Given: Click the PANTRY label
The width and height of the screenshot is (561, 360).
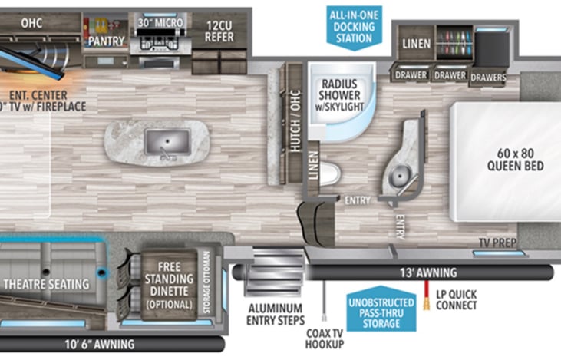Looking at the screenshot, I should click(107, 39).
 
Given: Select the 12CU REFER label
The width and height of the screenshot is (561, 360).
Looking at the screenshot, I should click(219, 30).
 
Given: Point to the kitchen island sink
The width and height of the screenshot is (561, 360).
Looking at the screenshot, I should click(167, 142).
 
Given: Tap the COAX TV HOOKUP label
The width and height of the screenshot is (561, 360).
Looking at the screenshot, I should click(324, 338).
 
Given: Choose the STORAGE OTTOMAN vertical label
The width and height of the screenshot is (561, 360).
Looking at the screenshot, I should click(205, 282).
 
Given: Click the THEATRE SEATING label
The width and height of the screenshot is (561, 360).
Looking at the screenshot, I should click(46, 284).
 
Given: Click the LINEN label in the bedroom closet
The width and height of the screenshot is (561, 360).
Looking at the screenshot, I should click(416, 45).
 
